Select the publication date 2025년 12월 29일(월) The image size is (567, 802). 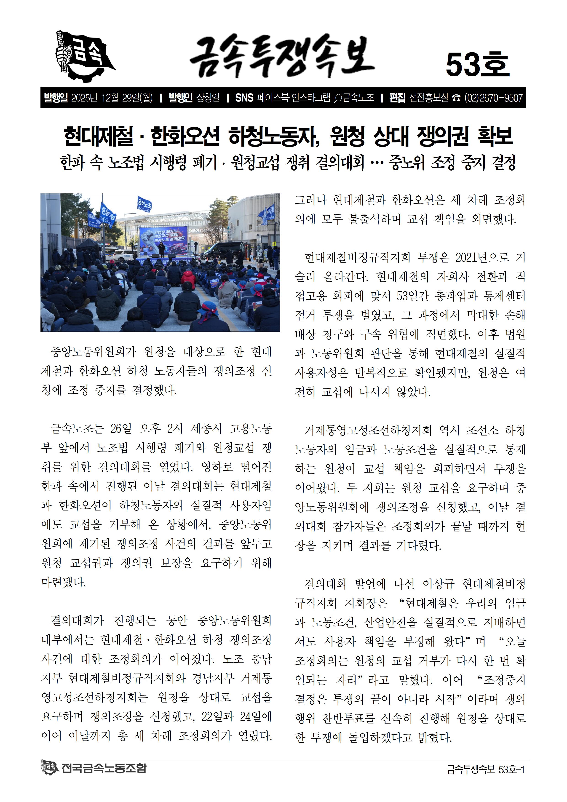pos(112,98)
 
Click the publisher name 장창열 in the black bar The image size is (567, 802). pos(208,98)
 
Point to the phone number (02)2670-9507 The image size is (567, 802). pos(493,98)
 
